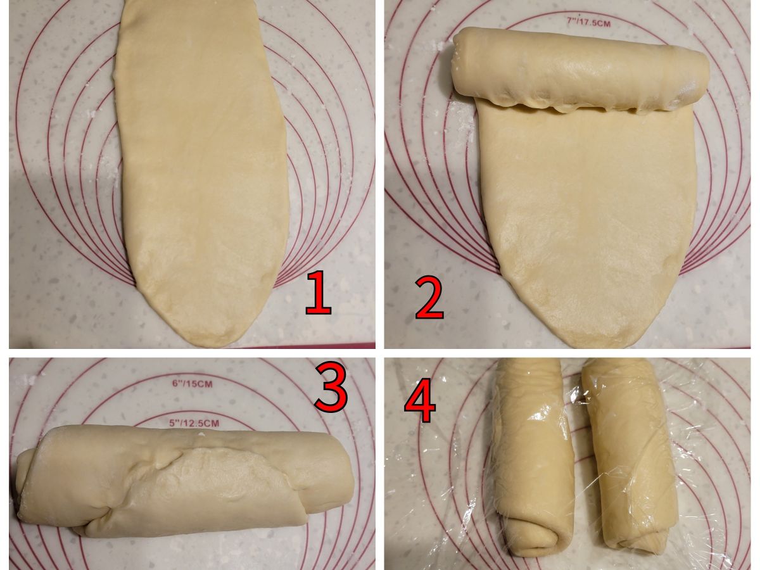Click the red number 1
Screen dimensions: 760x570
click(x=319, y=293)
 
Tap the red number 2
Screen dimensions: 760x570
click(x=429, y=298)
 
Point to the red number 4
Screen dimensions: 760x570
click(x=420, y=400)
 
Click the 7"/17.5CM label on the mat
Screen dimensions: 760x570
click(x=588, y=23)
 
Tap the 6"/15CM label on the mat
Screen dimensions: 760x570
click(x=193, y=383)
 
